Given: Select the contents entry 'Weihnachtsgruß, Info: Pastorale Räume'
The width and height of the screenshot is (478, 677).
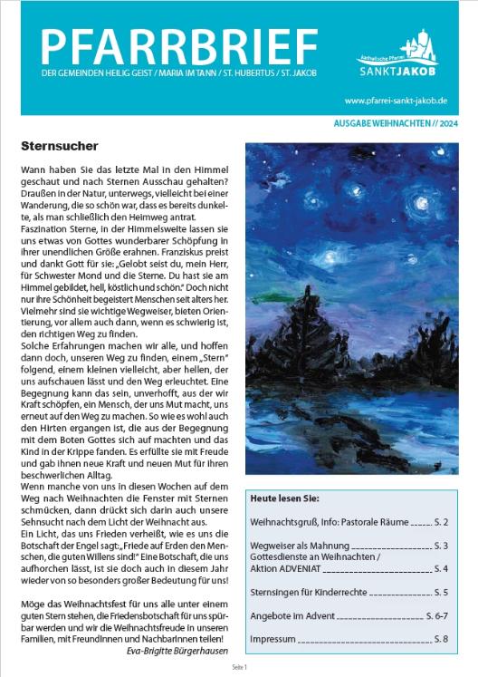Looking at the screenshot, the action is (330, 523).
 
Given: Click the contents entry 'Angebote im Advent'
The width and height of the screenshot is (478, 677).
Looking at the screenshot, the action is (293, 614).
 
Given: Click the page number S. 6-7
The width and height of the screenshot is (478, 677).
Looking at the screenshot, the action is (436, 614).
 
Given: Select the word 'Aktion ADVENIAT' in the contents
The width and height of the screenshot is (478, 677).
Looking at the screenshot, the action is (283, 568).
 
